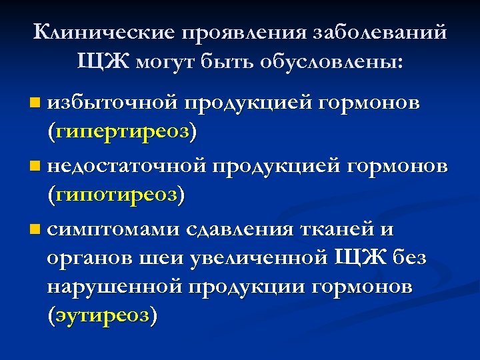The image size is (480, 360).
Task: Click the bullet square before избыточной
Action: coord(35,103)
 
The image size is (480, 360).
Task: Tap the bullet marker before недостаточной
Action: coord(35,165)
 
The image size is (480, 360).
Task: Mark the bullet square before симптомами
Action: coord(35,229)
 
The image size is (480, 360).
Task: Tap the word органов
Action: coord(91,257)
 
